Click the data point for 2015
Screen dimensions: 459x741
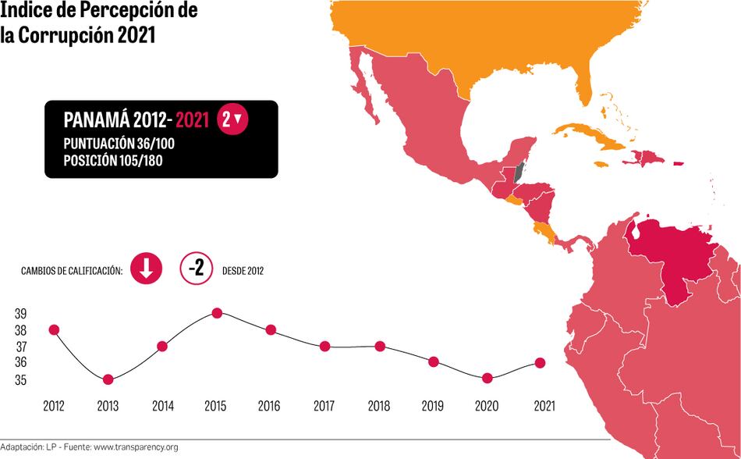point(217,313)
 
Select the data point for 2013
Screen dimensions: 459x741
point(108,379)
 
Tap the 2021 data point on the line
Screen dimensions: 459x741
point(540,362)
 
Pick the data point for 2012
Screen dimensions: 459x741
point(54,329)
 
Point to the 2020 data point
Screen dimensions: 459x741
point(487,379)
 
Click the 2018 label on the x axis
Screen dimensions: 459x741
point(378,407)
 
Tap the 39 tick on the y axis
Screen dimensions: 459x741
point(20,313)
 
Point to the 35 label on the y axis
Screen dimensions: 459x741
point(20,380)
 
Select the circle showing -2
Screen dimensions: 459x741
point(197,269)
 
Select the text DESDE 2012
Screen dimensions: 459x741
point(243,271)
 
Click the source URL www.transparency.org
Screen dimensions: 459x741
point(136,447)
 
